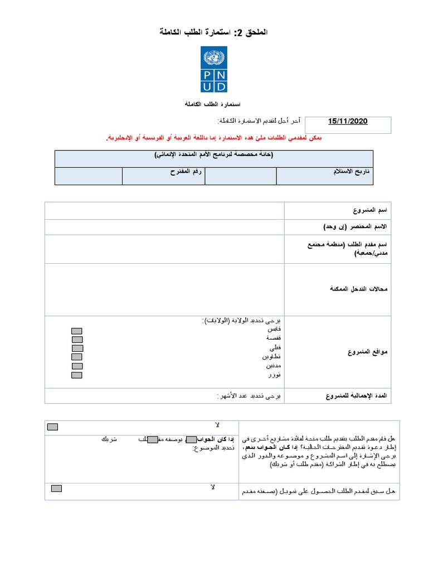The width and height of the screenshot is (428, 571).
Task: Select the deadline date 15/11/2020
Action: click(348, 121)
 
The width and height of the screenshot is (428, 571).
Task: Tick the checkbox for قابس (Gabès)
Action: click(77, 330)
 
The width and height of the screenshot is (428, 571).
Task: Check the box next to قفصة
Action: click(77, 339)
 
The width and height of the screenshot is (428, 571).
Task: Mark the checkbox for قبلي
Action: click(77, 348)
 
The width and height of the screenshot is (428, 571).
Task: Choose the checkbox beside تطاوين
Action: click(77, 357)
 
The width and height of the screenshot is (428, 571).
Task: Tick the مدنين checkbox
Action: click(77, 366)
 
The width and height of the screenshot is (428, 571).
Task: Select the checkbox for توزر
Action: click(77, 375)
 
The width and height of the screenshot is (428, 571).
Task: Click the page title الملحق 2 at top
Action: click(214, 33)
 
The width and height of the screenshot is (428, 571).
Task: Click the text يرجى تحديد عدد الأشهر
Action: click(250, 396)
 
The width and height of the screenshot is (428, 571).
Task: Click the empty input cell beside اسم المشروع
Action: click(164, 211)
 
